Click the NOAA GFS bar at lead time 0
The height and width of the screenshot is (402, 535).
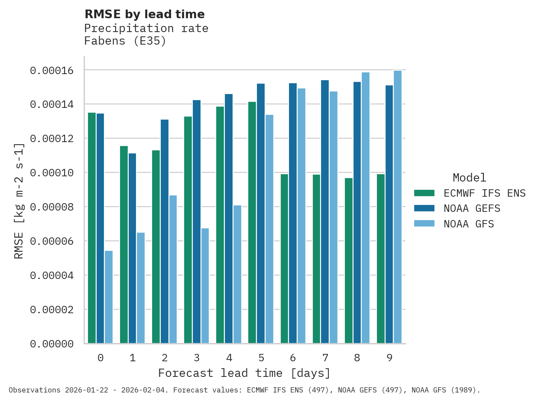pyautogui.click(x=109, y=297)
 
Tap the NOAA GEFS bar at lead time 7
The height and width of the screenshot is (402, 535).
pyautogui.click(x=325, y=211)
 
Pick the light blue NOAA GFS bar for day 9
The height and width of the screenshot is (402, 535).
pyautogui.click(x=398, y=207)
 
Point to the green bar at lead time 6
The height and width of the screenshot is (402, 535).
pyautogui.click(x=284, y=259)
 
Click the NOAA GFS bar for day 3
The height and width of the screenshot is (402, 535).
pyautogui.click(x=205, y=285)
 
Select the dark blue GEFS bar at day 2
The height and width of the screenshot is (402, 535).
pyautogui.click(x=165, y=231)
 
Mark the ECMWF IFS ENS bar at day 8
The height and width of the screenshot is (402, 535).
pyautogui.click(x=349, y=260)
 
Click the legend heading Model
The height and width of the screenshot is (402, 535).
pyautogui.click(x=469, y=178)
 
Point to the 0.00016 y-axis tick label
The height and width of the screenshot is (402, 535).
pyautogui.click(x=52, y=70)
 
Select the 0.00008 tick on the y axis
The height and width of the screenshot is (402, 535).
pyautogui.click(x=52, y=207)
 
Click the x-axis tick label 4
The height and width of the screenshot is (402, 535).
pyautogui.click(x=229, y=358)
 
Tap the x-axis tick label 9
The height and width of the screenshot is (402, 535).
pyautogui.click(x=389, y=358)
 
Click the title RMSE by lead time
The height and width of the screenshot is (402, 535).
pyautogui.click(x=144, y=14)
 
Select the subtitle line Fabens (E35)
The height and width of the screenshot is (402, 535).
pyautogui.click(x=125, y=41)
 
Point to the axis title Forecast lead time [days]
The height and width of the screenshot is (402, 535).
pyautogui.click(x=244, y=373)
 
